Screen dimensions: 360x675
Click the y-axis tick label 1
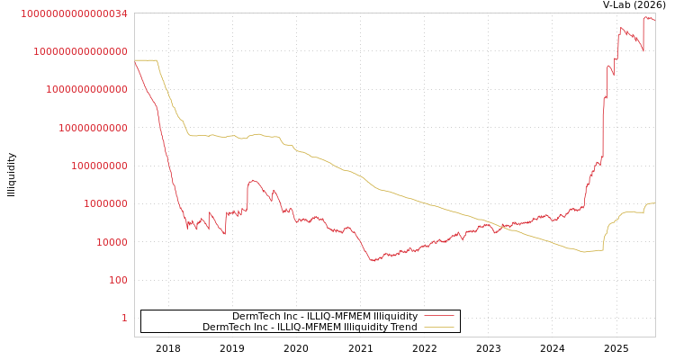click(x=124, y=318)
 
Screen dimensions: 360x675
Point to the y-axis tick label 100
click(x=118, y=280)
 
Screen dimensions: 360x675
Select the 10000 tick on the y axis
click(x=112, y=242)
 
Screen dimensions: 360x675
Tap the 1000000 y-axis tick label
click(x=105, y=204)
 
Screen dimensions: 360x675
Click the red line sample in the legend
click(x=438, y=316)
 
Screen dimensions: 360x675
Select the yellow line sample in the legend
click(x=438, y=327)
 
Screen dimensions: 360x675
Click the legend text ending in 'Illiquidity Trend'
click(x=310, y=328)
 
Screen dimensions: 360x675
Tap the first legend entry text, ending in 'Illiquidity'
click(x=325, y=317)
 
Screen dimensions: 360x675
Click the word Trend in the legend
click(x=402, y=328)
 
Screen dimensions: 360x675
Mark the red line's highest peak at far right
click(x=646, y=17)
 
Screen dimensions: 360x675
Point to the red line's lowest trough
click(x=373, y=261)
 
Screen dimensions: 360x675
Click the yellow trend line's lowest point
click(x=584, y=252)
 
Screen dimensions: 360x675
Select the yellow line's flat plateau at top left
click(x=146, y=60)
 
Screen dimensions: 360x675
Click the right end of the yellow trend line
click(x=654, y=203)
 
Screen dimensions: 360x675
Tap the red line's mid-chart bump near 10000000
click(x=253, y=181)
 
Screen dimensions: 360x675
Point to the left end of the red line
click(x=135, y=61)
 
